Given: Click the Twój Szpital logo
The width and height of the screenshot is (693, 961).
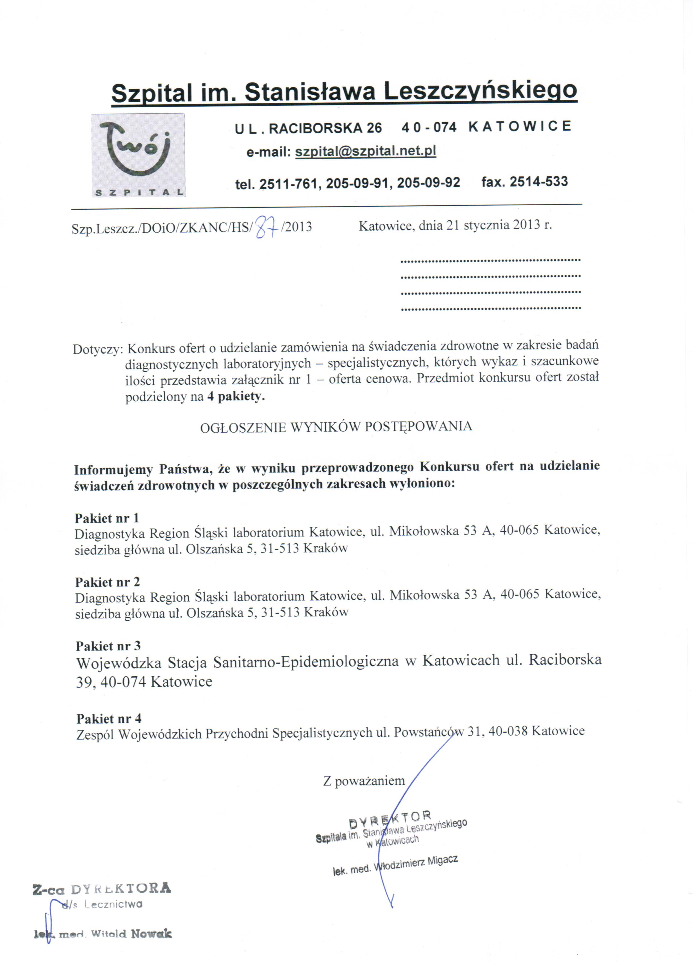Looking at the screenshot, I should point(138,155).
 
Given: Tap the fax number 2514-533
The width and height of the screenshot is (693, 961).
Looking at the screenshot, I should point(538,182).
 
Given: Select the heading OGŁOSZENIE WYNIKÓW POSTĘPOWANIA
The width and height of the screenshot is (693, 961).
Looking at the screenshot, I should point(336,427).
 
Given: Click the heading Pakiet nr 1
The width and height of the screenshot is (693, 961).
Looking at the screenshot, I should point(107,518).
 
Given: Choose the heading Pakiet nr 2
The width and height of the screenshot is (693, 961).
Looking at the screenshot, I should point(107,582).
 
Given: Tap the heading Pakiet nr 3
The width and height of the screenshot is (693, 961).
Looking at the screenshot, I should point(108,646).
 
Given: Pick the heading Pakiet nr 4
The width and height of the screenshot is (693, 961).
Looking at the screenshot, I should point(109,719).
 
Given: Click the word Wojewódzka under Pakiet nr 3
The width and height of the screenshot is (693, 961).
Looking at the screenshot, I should point(118,663).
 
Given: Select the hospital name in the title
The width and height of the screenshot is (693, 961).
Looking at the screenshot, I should point(344,91).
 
